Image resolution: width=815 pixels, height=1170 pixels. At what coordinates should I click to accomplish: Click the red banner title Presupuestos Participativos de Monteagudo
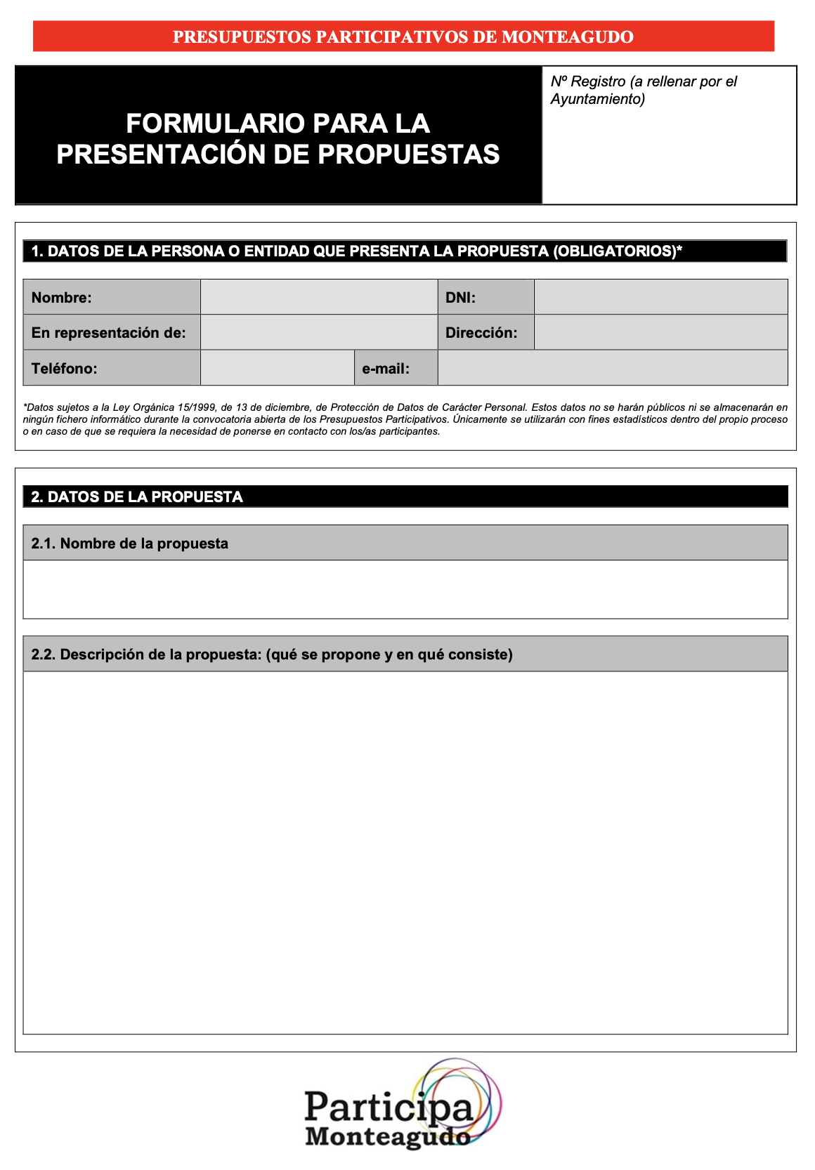click(403, 37)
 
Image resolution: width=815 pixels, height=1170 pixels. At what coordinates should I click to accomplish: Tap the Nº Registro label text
click(643, 90)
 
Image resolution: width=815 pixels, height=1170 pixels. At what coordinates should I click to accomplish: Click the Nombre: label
click(62, 298)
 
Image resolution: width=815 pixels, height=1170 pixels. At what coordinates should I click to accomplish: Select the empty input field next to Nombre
click(319, 297)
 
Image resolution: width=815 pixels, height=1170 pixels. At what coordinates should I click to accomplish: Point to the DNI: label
click(461, 298)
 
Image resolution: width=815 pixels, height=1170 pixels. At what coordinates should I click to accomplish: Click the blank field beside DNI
click(660, 297)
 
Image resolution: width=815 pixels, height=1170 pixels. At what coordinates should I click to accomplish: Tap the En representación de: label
click(109, 333)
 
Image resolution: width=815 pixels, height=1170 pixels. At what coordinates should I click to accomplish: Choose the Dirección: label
click(481, 333)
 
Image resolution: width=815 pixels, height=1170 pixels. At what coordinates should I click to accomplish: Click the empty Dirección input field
click(660, 332)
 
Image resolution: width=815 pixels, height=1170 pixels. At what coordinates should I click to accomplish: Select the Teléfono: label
click(65, 369)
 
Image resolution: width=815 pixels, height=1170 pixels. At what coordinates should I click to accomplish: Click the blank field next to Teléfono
click(277, 368)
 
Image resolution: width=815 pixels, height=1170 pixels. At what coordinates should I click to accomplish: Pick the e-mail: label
click(386, 369)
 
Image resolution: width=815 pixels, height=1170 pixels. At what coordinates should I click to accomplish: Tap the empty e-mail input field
click(612, 368)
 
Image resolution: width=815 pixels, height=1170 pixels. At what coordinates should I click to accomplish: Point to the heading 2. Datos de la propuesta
click(137, 497)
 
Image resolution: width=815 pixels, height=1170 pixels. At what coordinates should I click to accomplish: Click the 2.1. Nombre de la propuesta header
click(130, 544)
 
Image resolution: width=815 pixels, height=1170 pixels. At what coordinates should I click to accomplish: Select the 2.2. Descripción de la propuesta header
click(272, 655)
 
